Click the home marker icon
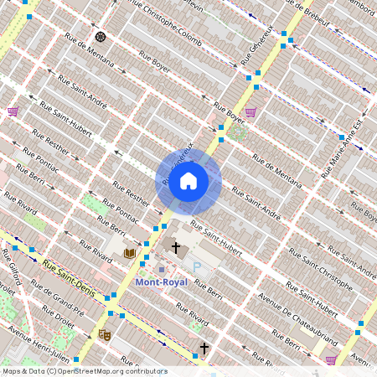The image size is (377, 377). (188, 181)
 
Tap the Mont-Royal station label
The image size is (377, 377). (161, 283)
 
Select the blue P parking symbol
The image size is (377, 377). (198, 267)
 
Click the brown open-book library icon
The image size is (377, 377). (129, 252)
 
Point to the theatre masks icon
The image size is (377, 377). (105, 334)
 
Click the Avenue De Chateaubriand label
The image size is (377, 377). (298, 316)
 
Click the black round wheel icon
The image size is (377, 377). (101, 37)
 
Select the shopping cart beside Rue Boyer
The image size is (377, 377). (250, 112)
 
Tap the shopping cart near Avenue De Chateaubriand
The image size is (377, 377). (331, 359)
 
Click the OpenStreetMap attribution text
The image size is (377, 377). (84, 371)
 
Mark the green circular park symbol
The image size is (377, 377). (237, 132)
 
